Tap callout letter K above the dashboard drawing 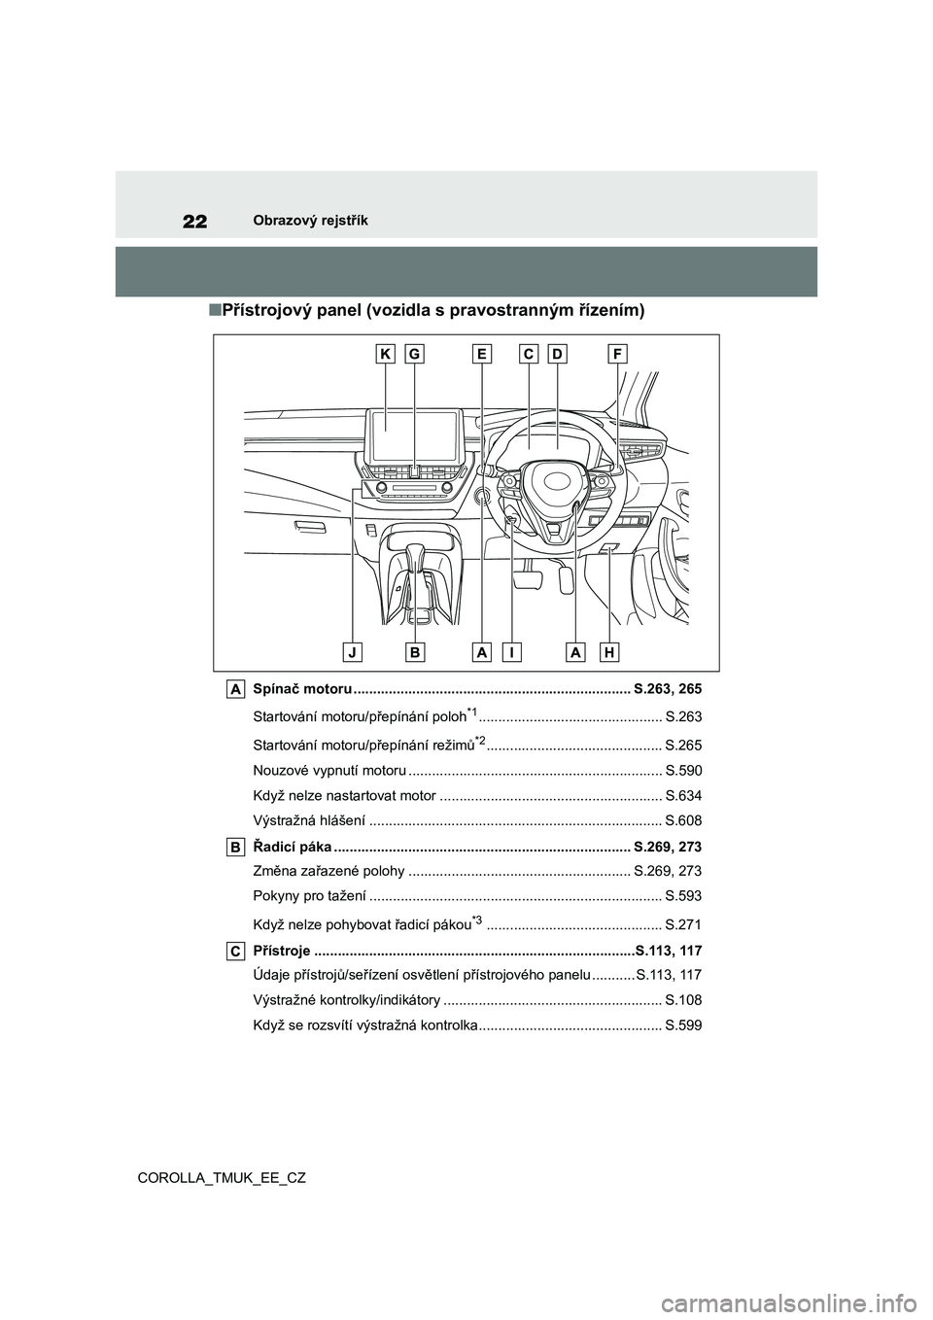pyautogui.click(x=386, y=356)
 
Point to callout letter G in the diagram pyautogui.click(x=414, y=356)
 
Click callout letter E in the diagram pyautogui.click(x=482, y=356)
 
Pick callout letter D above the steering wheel pyautogui.click(x=557, y=356)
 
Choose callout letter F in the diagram pyautogui.click(x=618, y=356)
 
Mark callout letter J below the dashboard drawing pyautogui.click(x=354, y=651)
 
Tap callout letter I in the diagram pyautogui.click(x=511, y=651)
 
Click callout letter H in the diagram pyautogui.click(x=609, y=651)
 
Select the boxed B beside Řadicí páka pyautogui.click(x=237, y=848)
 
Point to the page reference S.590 pyautogui.click(x=683, y=770)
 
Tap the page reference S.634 pyautogui.click(x=683, y=796)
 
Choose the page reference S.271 pyautogui.click(x=683, y=924)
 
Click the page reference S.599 pyautogui.click(x=683, y=1025)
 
